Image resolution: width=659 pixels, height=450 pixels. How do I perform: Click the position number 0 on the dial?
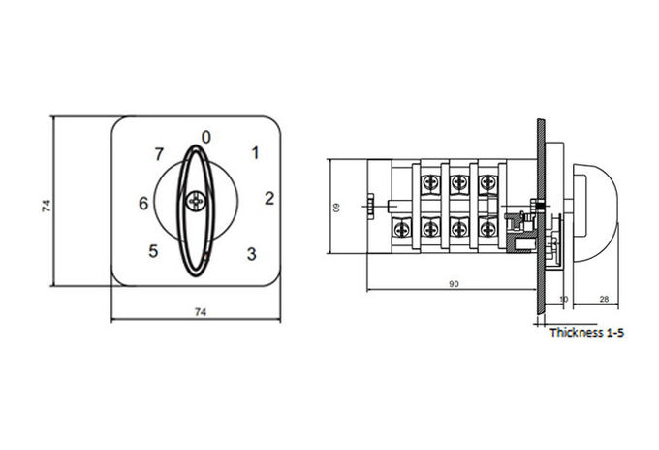[x=205, y=137]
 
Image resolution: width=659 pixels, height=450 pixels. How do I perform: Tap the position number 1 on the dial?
[x=255, y=152]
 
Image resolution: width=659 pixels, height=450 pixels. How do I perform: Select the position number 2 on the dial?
[x=269, y=199]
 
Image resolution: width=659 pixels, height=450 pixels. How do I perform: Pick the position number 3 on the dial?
[x=251, y=254]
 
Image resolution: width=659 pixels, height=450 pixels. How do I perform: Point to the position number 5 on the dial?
[x=153, y=251]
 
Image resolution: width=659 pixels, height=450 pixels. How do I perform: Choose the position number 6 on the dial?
[x=143, y=204]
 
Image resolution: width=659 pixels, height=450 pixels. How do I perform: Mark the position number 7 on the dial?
[x=158, y=154]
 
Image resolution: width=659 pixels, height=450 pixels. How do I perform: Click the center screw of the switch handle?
[x=196, y=202]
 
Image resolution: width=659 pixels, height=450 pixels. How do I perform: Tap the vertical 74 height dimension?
[x=47, y=206]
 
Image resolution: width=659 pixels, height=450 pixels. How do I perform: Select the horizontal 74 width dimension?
[x=201, y=312]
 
